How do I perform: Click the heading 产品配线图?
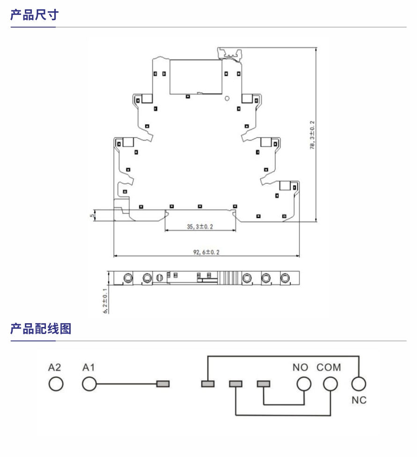click(x=41, y=328)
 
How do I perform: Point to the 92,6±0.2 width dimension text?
click(x=206, y=252)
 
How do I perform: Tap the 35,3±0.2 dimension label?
click(x=200, y=226)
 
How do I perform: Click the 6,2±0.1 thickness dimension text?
click(x=105, y=300)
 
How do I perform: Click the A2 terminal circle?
click(x=56, y=384)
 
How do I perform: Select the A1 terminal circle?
click(x=89, y=384)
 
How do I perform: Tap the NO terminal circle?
click(x=304, y=384)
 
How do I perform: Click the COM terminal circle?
click(x=330, y=384)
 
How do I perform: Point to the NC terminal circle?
click(x=358, y=384)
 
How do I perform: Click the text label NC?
click(x=359, y=400)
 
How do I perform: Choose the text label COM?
click(x=329, y=368)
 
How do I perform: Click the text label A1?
click(x=88, y=368)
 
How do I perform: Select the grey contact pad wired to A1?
click(x=162, y=384)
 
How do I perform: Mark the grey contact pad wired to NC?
click(x=207, y=384)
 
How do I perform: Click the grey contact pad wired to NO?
click(x=263, y=384)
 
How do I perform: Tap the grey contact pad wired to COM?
click(x=235, y=384)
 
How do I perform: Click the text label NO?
click(x=300, y=368)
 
